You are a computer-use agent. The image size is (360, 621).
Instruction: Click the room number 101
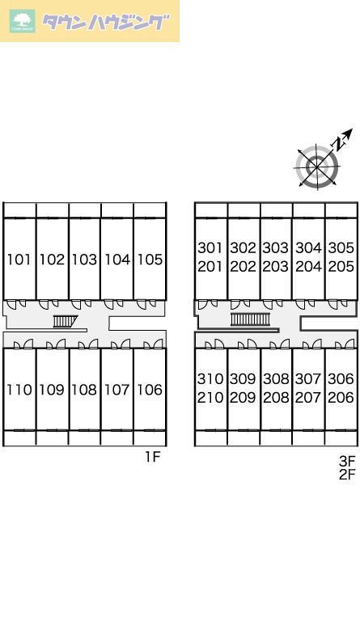pos(19,260)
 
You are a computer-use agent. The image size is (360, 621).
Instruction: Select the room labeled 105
pos(150,260)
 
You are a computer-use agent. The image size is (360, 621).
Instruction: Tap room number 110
pos(19,390)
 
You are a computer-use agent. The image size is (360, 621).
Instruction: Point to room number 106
pos(150,390)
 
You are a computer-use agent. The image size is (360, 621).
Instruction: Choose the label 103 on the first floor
pos(84,260)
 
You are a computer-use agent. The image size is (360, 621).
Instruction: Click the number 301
pos(210,248)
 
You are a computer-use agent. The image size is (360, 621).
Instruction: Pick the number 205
pos(341,267)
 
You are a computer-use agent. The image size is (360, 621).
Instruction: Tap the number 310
pos(210,378)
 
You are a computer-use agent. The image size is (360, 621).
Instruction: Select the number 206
pos(341,397)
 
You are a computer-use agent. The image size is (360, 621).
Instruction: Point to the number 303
pos(276,248)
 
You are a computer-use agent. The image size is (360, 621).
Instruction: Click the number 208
pos(276,397)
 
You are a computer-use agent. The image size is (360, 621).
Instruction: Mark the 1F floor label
pos(152,457)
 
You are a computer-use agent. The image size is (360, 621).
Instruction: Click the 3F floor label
pos(347,461)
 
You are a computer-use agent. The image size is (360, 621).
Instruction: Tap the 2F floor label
pos(347,474)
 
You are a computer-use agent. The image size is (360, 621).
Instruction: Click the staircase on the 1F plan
pos(65,321)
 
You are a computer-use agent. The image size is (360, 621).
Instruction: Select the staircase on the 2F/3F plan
pos(250,319)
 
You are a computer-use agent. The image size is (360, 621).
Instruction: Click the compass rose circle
pos(317,166)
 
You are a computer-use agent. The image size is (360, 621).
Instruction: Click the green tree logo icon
pos(23,21)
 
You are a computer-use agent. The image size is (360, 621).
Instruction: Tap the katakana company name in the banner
pos(105,22)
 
